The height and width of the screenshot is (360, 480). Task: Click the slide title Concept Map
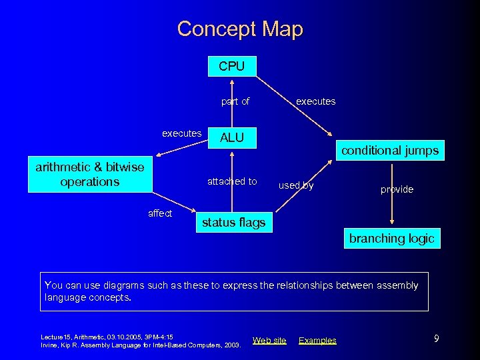pos(240,29)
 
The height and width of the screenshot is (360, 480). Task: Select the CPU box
pos(231,67)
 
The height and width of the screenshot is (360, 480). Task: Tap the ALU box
pos(231,138)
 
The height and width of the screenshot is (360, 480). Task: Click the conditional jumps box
pos(390,151)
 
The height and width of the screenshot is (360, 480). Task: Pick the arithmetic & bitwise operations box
pos(90,175)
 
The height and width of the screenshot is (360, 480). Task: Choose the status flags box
pos(233,223)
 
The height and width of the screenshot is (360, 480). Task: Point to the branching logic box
pos(391,238)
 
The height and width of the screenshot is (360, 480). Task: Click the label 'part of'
pos(235,101)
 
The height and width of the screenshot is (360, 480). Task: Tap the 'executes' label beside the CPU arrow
pos(315,101)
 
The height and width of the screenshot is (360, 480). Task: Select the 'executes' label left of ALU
pos(181,133)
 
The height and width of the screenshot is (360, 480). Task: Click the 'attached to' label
pos(232,181)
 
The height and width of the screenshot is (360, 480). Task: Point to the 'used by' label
pos(295,185)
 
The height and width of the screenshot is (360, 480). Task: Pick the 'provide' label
pos(397,189)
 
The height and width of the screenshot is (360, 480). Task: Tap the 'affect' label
pos(160,213)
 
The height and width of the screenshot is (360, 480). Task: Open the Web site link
pos(269,341)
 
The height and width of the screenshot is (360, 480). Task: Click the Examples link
pos(317,341)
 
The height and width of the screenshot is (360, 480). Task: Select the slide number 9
pos(436,339)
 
